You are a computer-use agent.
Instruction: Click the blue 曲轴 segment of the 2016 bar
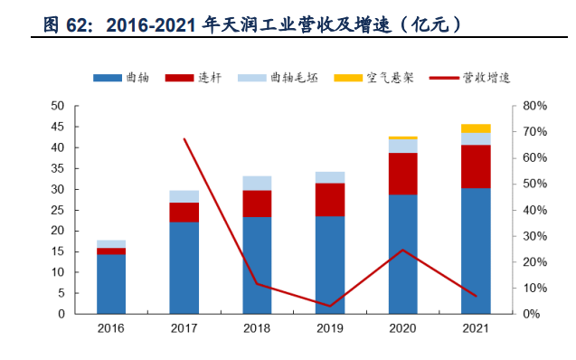pos(111,284)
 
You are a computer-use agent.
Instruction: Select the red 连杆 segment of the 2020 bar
pos(402,174)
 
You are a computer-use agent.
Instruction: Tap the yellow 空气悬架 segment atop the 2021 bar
pos(476,128)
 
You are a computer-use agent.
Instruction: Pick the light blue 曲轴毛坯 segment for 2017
pos(184,196)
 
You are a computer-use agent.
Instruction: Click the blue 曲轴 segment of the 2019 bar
pos(330,265)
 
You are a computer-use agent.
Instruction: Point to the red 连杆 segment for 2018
pos(257,204)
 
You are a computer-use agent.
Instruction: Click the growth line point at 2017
pos(184,138)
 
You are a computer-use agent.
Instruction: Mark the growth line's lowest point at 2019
pos(330,307)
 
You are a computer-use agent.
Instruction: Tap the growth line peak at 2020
pos(402,250)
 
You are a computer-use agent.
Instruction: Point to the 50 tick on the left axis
pos(57,106)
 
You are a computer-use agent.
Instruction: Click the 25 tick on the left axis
pos(57,210)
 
